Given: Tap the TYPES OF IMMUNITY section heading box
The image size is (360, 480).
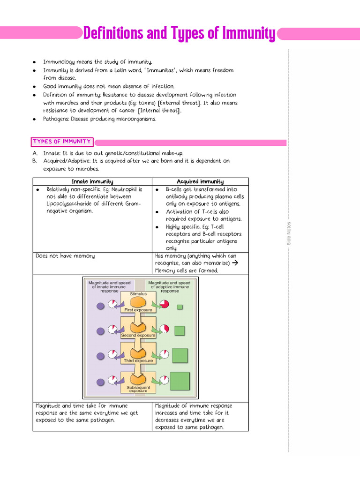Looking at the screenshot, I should (62, 142).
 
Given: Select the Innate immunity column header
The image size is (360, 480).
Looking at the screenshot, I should (92, 181).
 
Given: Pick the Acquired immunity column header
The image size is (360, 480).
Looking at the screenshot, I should (200, 181).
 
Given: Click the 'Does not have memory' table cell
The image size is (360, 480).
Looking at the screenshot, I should (65, 256).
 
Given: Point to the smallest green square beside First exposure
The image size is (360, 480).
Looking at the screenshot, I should (180, 307).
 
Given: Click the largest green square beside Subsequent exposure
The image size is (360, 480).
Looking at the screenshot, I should (180, 381).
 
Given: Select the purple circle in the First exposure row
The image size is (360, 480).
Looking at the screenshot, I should (100, 306).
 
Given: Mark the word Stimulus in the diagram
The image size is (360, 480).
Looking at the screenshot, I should (135, 294).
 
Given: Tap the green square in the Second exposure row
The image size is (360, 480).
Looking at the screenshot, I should (180, 331).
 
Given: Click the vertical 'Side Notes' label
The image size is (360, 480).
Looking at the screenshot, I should (289, 233).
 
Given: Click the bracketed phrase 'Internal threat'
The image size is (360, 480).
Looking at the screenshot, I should (159, 111).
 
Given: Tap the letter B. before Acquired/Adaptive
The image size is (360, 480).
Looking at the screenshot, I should (35, 161).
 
